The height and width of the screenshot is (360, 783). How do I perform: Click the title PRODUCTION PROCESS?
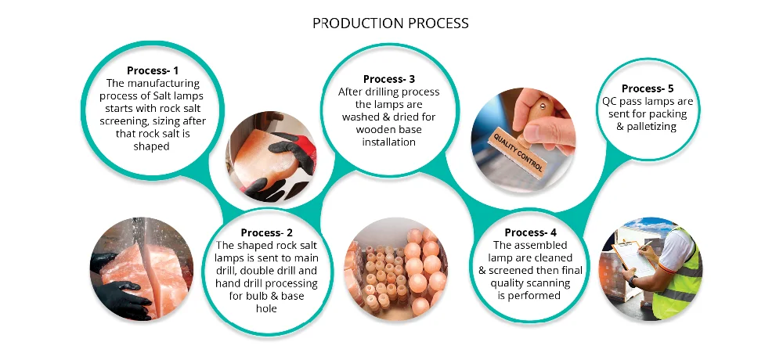point(391,23)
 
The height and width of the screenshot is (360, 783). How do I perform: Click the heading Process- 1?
point(153,70)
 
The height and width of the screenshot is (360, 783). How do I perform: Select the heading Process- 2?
point(267,232)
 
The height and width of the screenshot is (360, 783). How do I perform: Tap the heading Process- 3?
point(389,79)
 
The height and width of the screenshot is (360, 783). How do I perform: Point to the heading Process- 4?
point(530,232)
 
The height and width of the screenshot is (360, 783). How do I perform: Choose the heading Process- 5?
point(648,88)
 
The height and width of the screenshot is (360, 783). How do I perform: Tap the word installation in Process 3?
point(389,142)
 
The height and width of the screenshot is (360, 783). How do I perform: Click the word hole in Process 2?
point(267,308)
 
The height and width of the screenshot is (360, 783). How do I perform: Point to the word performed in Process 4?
point(529,296)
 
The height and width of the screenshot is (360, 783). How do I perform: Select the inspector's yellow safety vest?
point(680,274)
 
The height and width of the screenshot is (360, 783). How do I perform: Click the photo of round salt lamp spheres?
point(396,269)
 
